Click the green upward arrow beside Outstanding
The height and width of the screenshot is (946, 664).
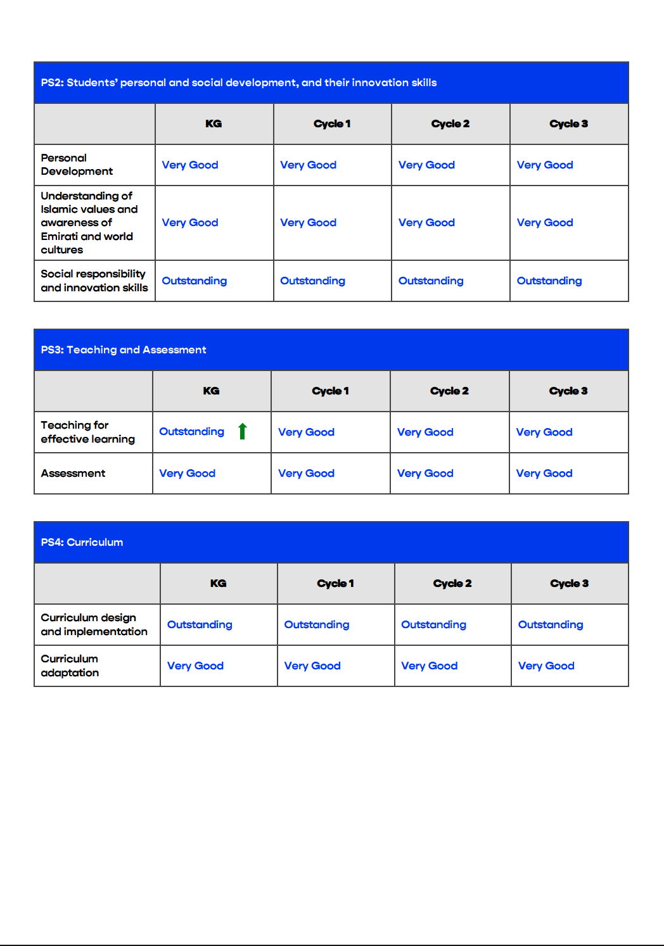[242, 431]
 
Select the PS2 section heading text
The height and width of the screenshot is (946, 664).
[238, 82]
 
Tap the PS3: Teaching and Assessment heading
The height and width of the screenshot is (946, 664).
[124, 350]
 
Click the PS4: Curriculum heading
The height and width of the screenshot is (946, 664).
[82, 542]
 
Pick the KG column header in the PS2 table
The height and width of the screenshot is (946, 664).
[214, 123]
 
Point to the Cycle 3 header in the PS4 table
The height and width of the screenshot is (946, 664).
[569, 583]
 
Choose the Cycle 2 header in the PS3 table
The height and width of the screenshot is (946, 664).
[449, 391]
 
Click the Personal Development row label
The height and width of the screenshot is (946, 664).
[77, 165]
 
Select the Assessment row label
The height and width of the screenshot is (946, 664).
[73, 473]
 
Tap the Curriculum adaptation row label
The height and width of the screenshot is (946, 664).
[70, 665]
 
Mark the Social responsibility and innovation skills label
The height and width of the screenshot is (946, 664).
[94, 281]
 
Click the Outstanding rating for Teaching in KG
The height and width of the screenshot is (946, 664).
[191, 432]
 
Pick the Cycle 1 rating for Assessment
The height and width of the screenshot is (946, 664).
[306, 473]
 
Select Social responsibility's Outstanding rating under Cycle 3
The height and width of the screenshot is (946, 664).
[549, 281]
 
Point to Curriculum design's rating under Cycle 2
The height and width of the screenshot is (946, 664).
[433, 624]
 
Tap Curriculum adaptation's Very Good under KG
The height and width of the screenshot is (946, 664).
[195, 665]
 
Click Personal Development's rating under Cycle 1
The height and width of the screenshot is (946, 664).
[308, 165]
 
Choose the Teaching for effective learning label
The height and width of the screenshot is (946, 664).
[87, 432]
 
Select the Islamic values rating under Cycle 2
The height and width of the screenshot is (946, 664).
[426, 222]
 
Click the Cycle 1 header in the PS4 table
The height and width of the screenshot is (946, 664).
[335, 583]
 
